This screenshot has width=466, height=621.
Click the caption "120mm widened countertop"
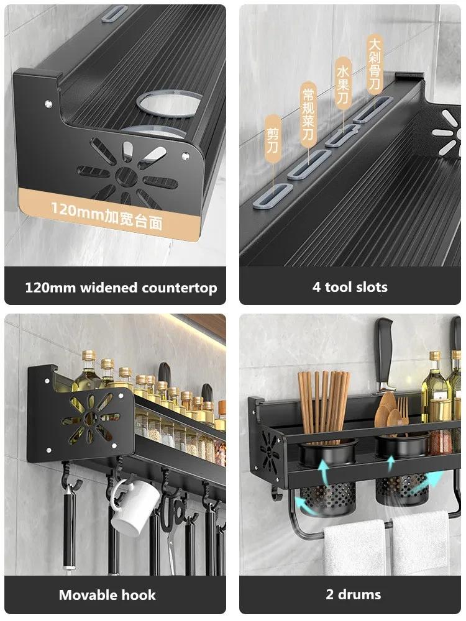(x=121, y=288)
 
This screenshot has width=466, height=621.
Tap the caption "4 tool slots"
(x=350, y=287)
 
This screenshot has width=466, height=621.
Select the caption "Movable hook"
(x=107, y=595)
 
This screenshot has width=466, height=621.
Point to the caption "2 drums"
(x=353, y=594)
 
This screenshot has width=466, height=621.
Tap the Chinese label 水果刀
(x=343, y=84)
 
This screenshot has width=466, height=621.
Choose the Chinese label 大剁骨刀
(x=375, y=64)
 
